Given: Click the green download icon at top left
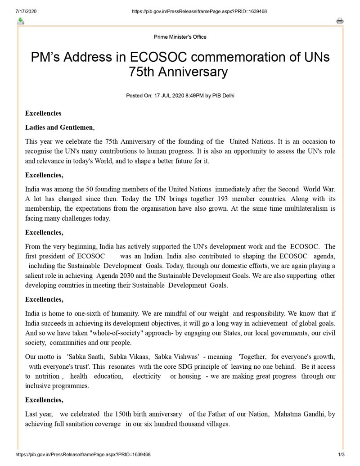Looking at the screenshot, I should click(20, 21).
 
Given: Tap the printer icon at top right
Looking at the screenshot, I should click(340, 21).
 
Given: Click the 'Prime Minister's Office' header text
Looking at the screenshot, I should click(180, 37).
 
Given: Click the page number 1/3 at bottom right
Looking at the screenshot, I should click(341, 455).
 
